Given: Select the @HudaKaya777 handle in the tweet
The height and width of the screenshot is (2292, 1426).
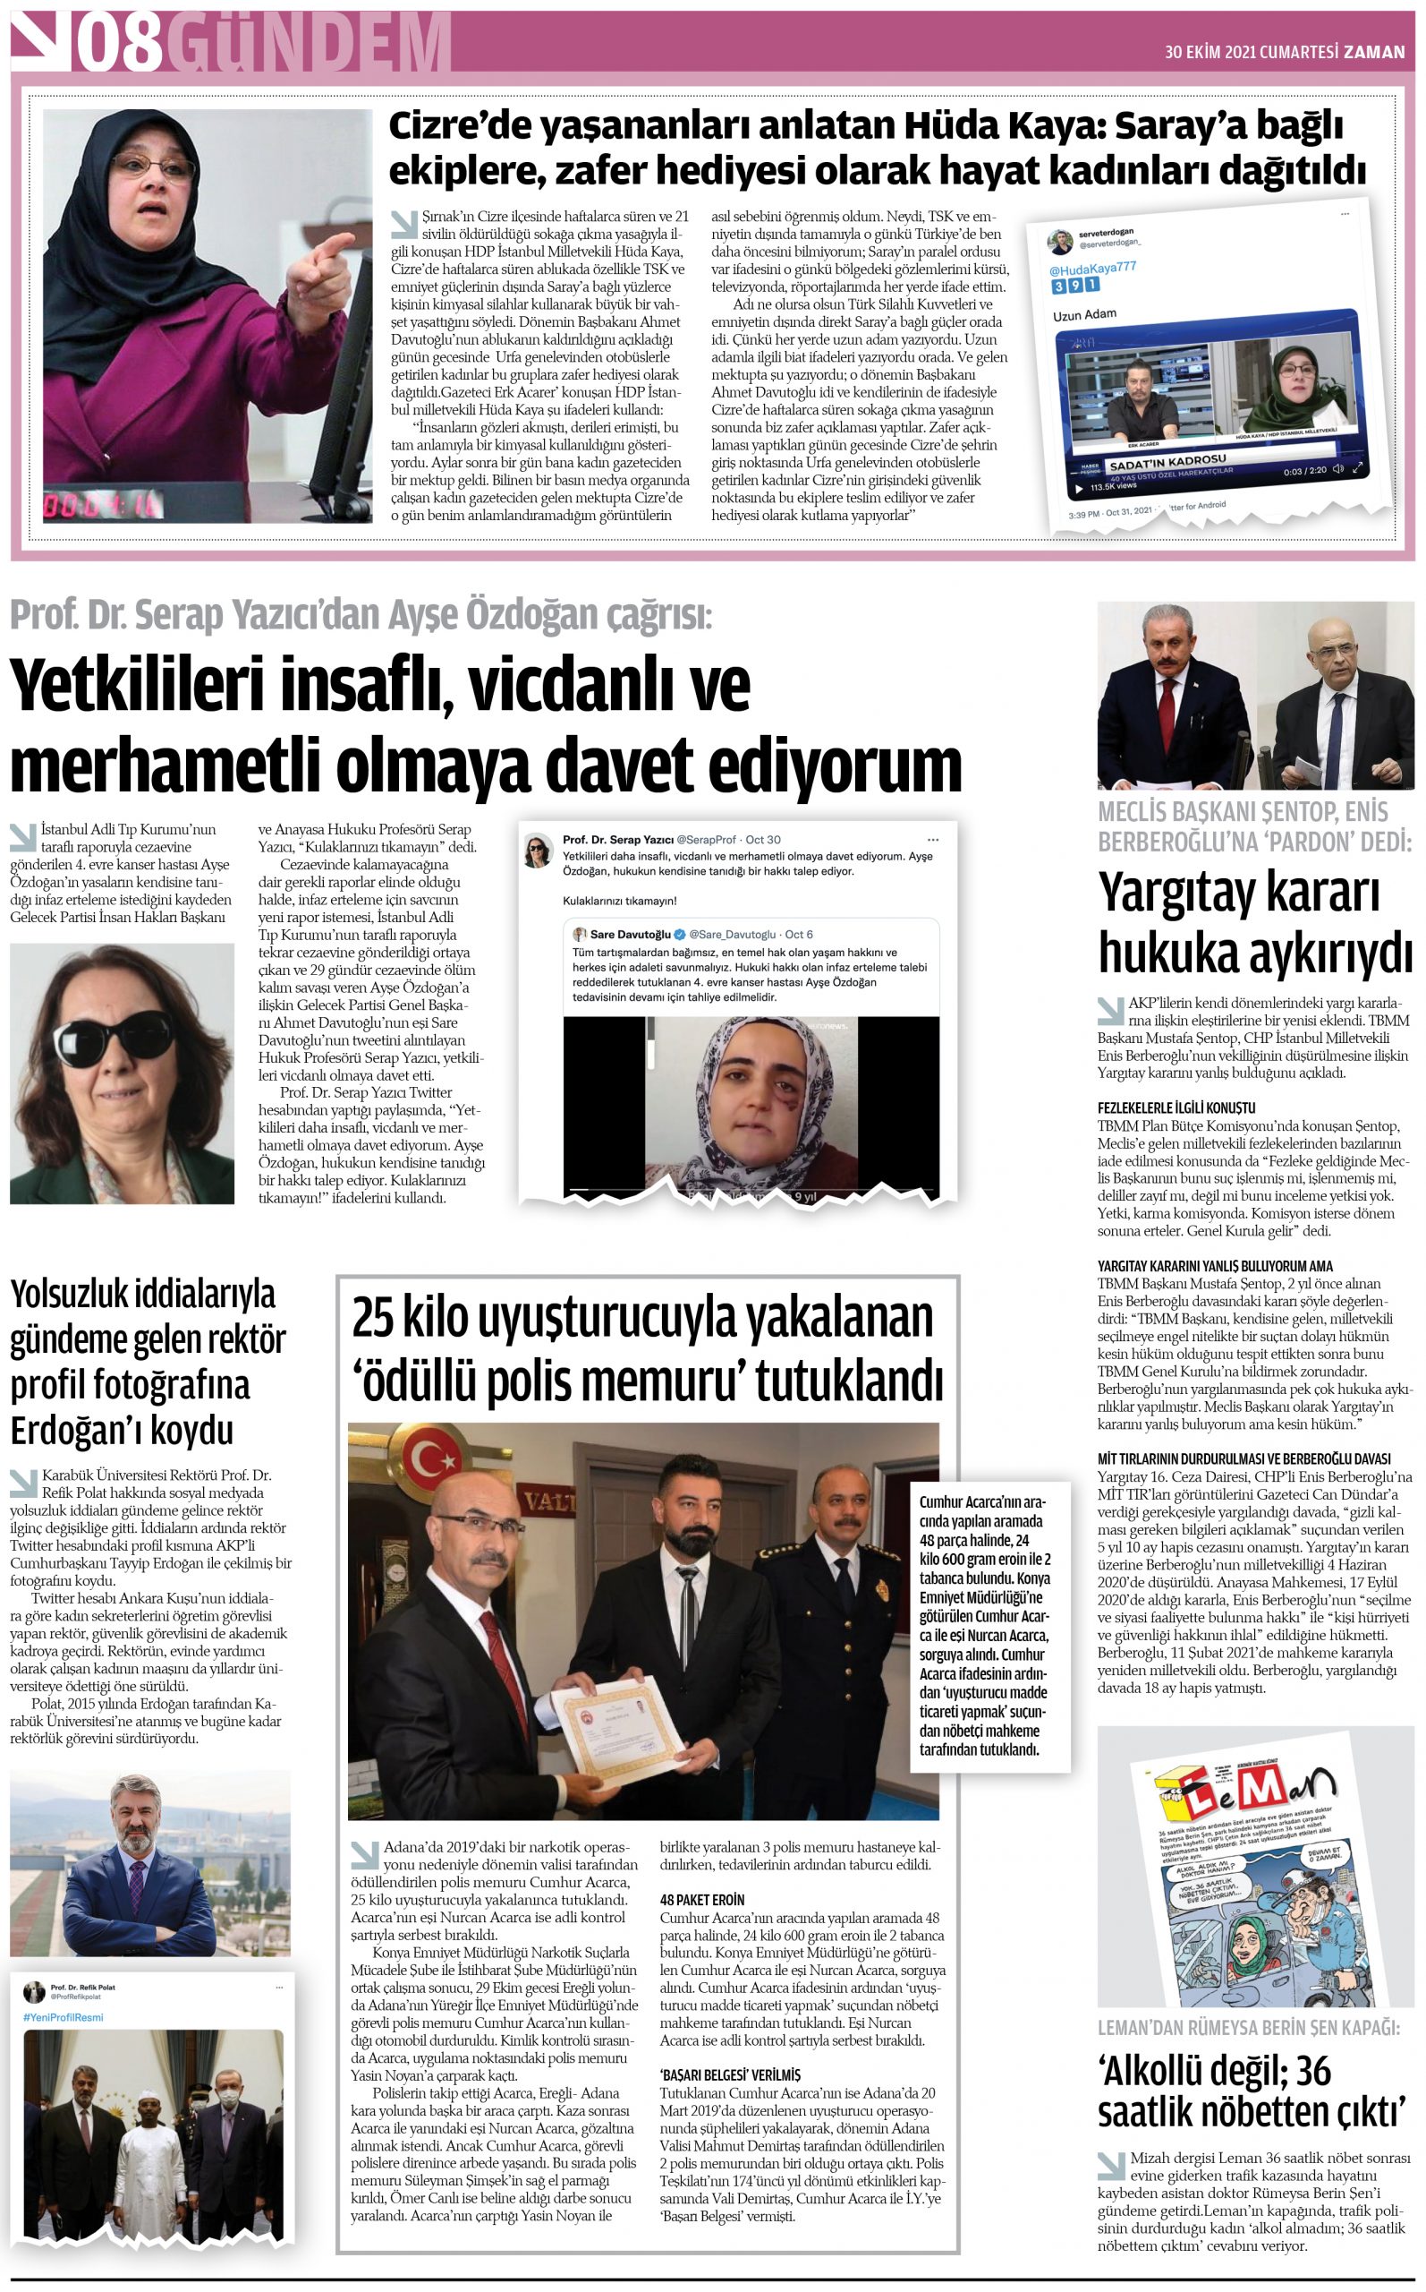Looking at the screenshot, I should (1092, 269).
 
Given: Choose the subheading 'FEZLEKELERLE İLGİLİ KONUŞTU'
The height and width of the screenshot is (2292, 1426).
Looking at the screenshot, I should (1176, 1108).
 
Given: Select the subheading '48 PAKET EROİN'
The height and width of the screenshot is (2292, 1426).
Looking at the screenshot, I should (701, 1900).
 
